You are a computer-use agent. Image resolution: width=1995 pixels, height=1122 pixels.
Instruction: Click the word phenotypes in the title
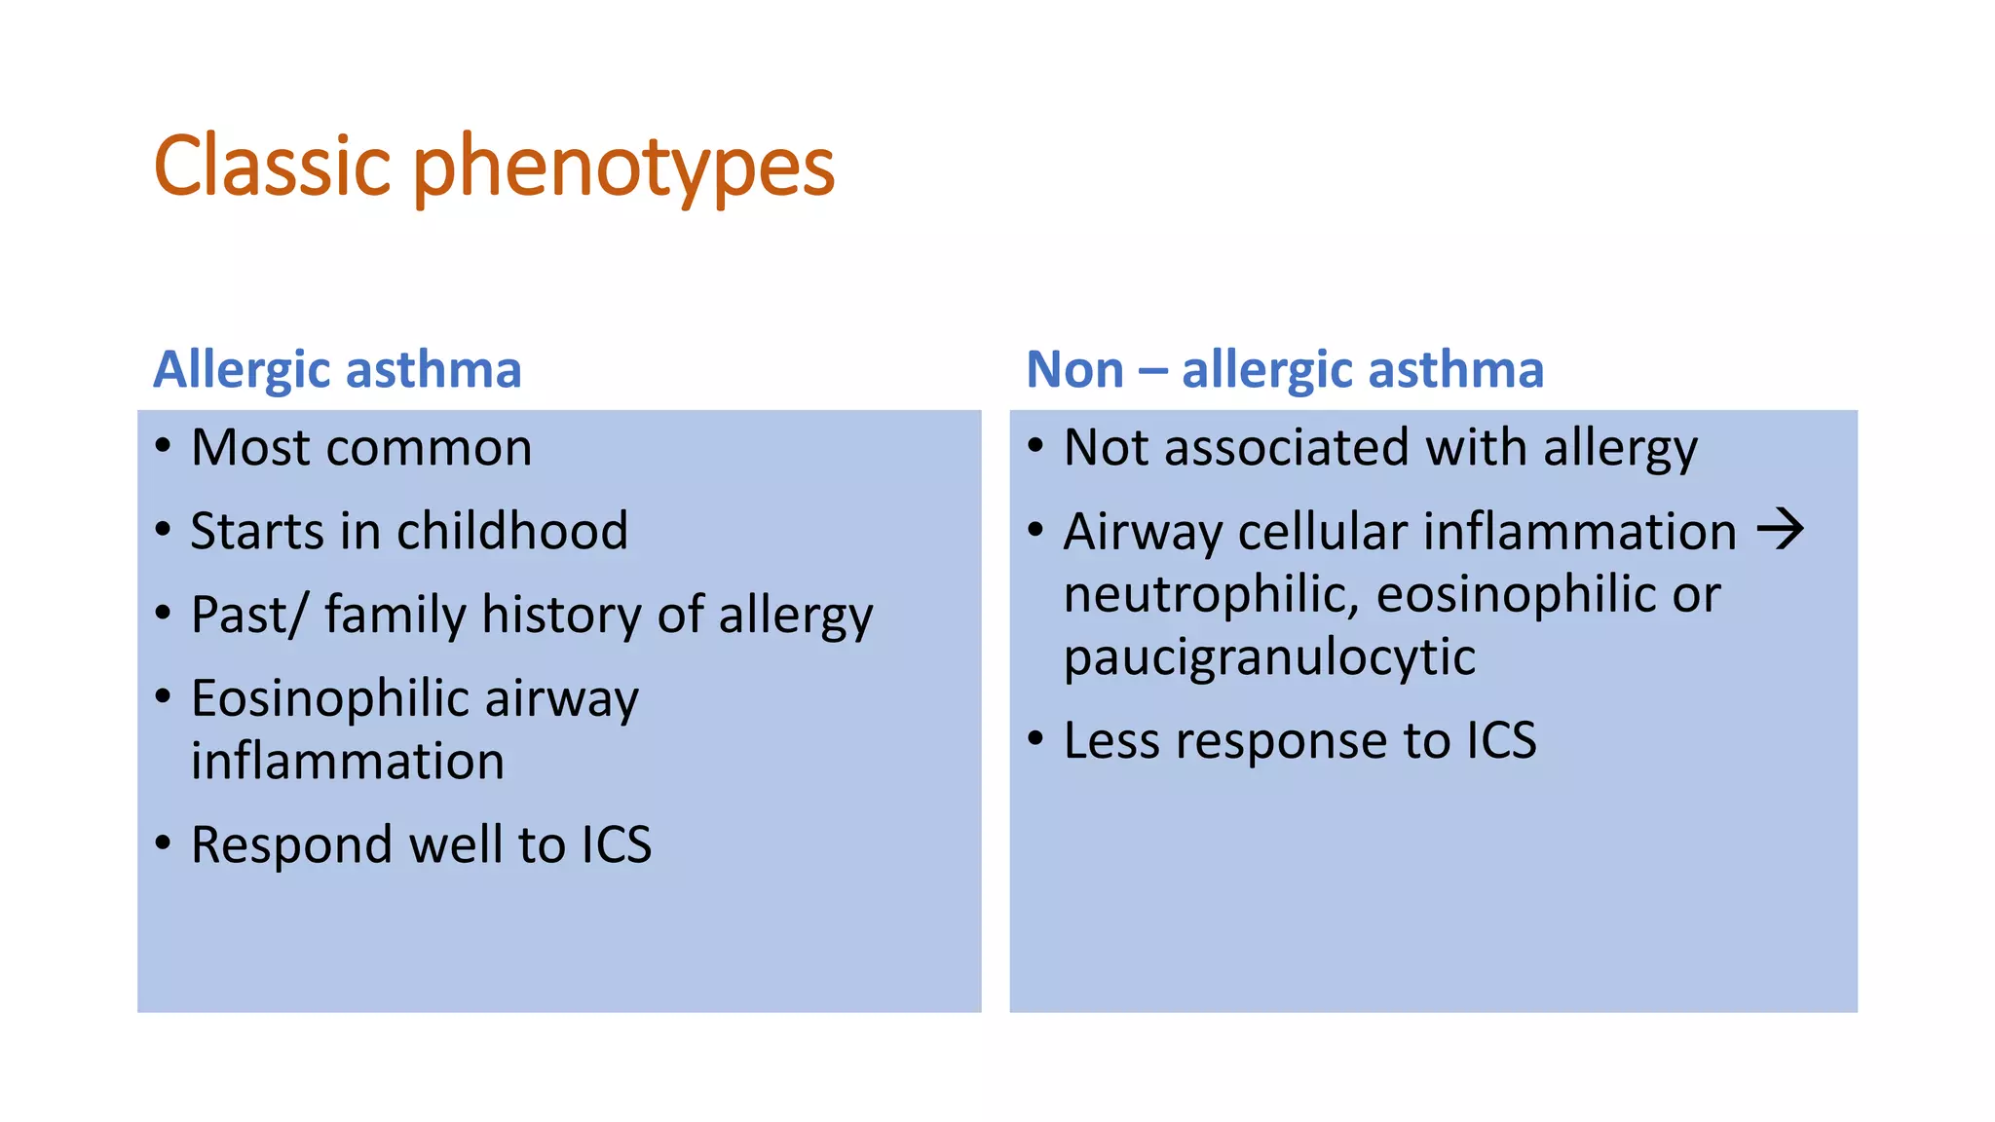point(624,168)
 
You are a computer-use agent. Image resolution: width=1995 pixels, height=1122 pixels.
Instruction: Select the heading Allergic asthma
point(337,370)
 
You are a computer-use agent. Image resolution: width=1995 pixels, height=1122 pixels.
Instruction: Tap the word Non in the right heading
point(1074,370)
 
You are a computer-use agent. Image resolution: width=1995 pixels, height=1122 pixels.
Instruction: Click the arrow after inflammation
point(1780,530)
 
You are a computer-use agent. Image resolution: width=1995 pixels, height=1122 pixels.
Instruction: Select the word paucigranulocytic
point(1269,657)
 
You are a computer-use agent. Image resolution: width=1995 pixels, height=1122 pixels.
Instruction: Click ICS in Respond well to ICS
point(616,844)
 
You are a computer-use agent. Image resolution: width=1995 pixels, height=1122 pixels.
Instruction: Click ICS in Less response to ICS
point(1501,741)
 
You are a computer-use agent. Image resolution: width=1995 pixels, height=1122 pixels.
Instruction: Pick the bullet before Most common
point(164,446)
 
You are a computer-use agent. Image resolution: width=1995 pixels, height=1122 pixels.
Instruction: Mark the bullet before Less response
point(1035,738)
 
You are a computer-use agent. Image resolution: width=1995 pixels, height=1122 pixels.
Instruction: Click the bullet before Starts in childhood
point(164,530)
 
